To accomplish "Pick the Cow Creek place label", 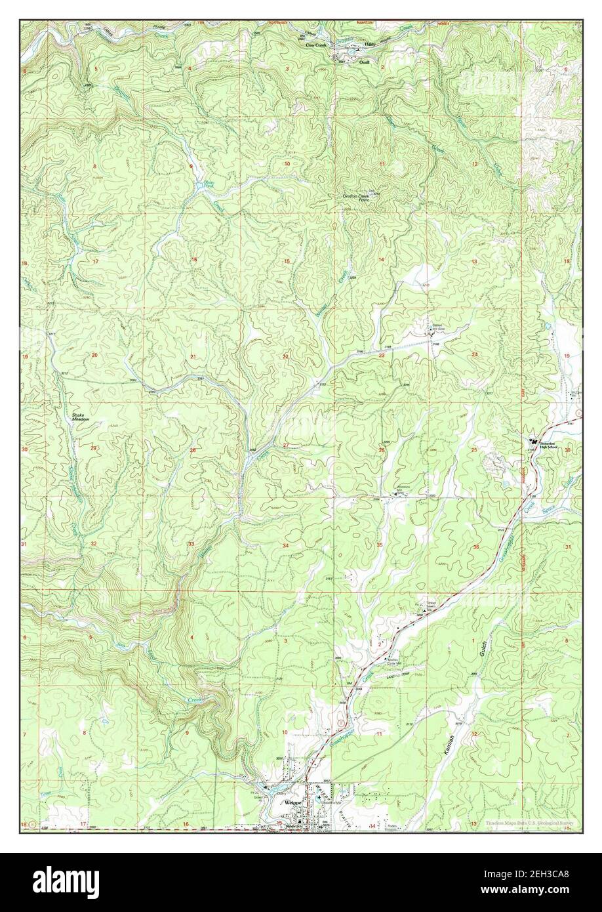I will coord(316,45).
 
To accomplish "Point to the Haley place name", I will coord(370,45).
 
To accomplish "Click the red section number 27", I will coord(285,446).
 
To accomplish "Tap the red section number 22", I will coord(285,356).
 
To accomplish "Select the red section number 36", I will coord(475,547).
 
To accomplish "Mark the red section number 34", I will coord(285,546).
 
